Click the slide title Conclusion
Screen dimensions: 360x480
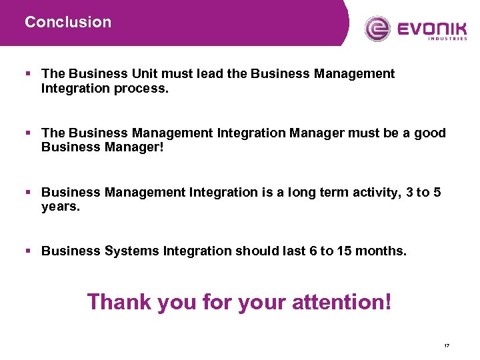pyautogui.click(x=68, y=22)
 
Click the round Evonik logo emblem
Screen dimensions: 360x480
pyautogui.click(x=378, y=29)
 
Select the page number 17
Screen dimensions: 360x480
pyautogui.click(x=446, y=345)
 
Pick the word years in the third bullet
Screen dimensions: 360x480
pyautogui.click(x=58, y=207)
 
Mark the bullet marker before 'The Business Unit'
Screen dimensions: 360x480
pyautogui.click(x=28, y=74)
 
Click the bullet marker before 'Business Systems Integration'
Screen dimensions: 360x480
pyautogui.click(x=28, y=251)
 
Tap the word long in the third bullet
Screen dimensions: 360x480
pyautogui.click(x=303, y=193)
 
